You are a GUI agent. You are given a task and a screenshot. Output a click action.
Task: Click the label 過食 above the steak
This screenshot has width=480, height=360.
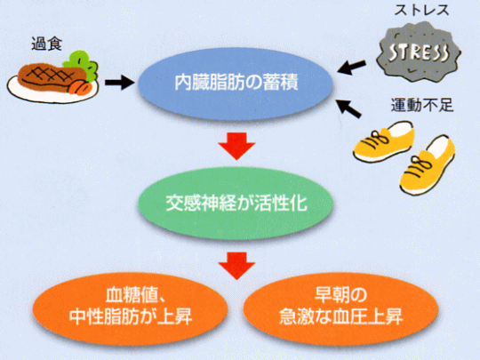(46, 44)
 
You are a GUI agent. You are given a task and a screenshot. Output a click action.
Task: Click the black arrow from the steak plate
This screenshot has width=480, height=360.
(119, 83)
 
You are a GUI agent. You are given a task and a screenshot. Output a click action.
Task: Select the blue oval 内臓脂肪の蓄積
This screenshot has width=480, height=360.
(236, 83)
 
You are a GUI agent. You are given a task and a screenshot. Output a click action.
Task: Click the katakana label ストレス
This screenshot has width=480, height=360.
(421, 10)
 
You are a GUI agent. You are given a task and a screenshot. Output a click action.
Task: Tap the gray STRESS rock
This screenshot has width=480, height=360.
(418, 52)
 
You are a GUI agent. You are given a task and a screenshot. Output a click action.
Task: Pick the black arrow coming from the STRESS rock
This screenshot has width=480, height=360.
(351, 67)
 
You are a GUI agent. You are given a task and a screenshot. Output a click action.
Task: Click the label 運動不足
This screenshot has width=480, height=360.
(422, 105)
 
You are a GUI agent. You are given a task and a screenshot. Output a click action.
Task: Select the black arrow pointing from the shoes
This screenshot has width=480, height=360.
(349, 108)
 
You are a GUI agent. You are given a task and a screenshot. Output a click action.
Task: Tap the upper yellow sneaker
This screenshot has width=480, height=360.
(385, 140)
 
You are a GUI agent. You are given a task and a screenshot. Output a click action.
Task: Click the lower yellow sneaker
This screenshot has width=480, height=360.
(428, 165)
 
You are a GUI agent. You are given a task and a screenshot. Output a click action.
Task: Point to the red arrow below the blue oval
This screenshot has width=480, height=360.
(236, 146)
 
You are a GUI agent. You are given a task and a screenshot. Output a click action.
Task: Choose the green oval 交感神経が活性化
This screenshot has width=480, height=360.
(236, 204)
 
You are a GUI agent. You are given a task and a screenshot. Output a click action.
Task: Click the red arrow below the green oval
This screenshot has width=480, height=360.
(236, 266)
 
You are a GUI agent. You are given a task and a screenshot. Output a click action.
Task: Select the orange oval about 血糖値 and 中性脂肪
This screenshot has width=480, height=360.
(131, 309)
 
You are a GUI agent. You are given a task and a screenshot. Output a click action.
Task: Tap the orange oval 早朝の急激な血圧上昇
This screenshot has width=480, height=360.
(340, 309)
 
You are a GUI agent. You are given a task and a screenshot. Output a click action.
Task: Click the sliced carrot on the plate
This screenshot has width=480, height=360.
(80, 87)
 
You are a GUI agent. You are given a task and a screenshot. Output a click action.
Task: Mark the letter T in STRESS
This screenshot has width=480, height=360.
(403, 52)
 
